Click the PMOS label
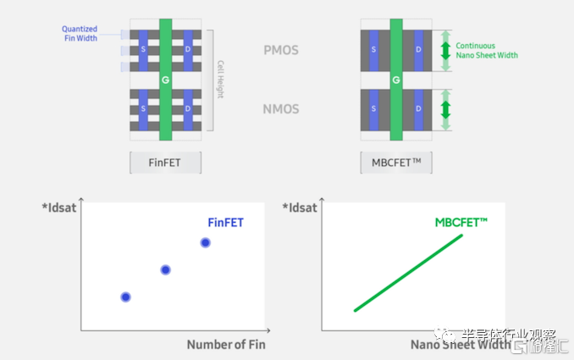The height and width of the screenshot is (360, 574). [x=280, y=51]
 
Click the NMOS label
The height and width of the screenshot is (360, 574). [x=280, y=109]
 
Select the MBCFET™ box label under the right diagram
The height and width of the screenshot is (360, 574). [x=395, y=163]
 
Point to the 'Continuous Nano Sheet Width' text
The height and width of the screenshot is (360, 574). [x=487, y=51]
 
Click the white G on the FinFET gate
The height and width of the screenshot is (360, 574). [x=165, y=80]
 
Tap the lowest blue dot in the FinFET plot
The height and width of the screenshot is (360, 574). [x=125, y=296]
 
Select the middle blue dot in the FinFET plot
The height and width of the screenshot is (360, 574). [x=166, y=269]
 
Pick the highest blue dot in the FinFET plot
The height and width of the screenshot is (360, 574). [x=205, y=243]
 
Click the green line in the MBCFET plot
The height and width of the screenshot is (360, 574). [x=408, y=273]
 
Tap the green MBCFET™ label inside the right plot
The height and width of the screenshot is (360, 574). [x=461, y=222]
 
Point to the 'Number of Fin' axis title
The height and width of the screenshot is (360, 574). [x=226, y=345]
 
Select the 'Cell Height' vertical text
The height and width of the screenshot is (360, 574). [x=220, y=80]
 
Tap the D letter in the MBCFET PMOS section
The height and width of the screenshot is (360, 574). [x=418, y=50]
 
